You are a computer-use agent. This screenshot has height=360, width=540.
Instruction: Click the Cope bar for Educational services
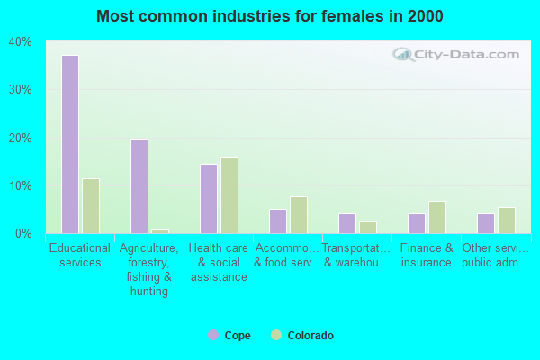click(x=69, y=144)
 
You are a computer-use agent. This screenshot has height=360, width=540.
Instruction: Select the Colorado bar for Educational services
click(x=91, y=206)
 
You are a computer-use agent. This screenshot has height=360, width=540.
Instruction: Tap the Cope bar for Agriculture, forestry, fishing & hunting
click(x=139, y=186)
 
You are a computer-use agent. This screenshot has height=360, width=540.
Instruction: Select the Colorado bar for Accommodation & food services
click(x=299, y=215)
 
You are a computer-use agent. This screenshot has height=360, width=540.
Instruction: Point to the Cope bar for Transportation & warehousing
click(x=346, y=223)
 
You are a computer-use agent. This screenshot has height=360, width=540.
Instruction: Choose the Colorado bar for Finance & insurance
click(x=437, y=217)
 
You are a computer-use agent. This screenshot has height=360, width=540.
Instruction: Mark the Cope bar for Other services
click(x=485, y=223)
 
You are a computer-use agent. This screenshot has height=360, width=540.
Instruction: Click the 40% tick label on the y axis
click(x=21, y=41)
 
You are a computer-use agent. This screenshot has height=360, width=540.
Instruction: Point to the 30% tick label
click(x=21, y=90)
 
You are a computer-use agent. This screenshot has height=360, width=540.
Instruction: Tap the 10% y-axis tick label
click(x=21, y=186)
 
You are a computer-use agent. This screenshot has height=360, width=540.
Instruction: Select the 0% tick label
click(x=23, y=234)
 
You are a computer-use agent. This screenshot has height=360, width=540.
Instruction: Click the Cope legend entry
click(x=230, y=336)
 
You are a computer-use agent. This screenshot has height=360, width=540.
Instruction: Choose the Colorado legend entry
click(x=302, y=336)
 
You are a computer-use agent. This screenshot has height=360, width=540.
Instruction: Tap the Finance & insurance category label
click(x=427, y=256)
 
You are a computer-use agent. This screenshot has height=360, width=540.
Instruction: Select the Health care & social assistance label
click(x=219, y=262)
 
